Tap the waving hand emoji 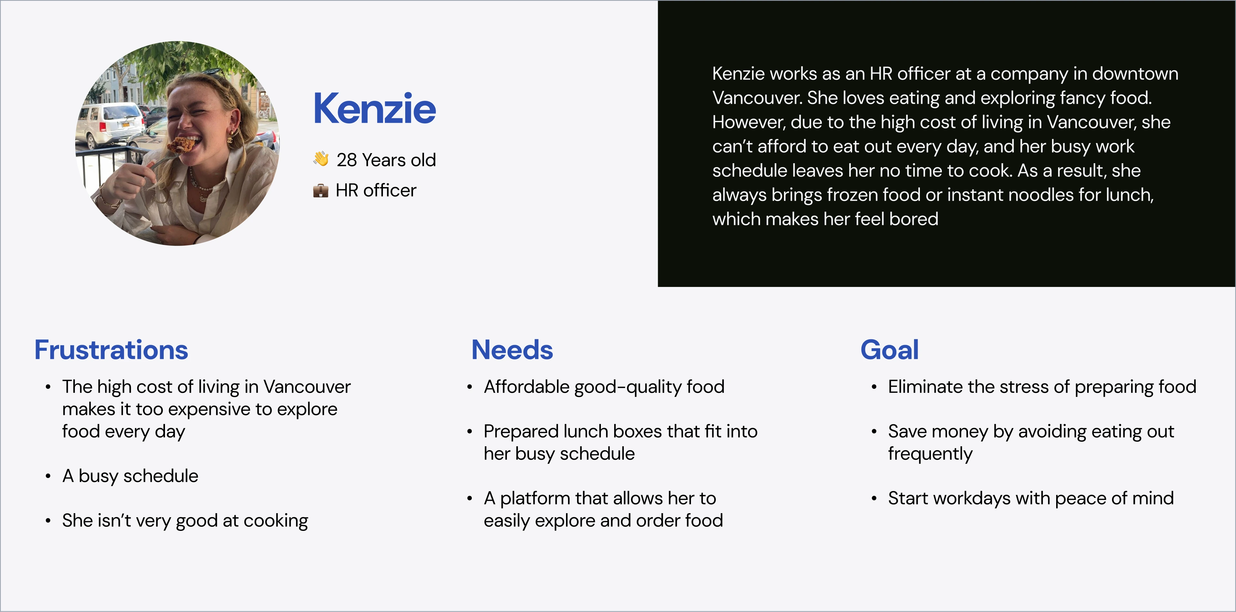tap(321, 159)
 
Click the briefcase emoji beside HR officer tap(321, 191)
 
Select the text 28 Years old tap(386, 160)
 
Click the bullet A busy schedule tap(130, 476)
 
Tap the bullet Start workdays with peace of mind tap(1031, 498)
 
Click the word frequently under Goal tap(930, 454)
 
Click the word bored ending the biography tap(913, 219)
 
